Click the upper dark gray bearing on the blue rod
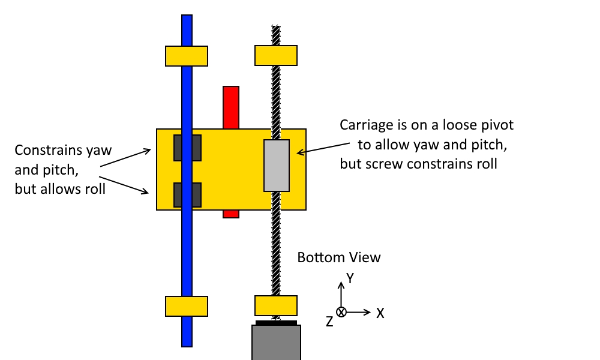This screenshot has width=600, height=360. [x=187, y=148]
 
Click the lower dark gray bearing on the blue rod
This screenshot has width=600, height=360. [x=187, y=194]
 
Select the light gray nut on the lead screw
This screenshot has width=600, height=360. [x=277, y=166]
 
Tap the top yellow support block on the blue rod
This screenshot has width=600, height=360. [x=187, y=55]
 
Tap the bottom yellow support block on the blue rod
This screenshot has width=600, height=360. [x=187, y=306]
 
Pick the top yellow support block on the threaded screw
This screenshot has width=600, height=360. [x=276, y=55]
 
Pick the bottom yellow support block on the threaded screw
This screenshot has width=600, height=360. [x=276, y=305]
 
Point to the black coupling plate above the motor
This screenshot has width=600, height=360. [x=276, y=322]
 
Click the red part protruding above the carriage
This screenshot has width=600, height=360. [x=231, y=107]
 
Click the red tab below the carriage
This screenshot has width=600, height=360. [x=231, y=214]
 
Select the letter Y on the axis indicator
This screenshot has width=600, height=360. [x=351, y=278]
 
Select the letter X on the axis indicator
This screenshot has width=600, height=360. [x=380, y=313]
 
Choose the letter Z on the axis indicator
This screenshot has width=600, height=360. [x=329, y=322]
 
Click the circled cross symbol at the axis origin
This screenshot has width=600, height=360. [x=341, y=312]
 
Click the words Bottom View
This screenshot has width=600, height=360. [x=339, y=257]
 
